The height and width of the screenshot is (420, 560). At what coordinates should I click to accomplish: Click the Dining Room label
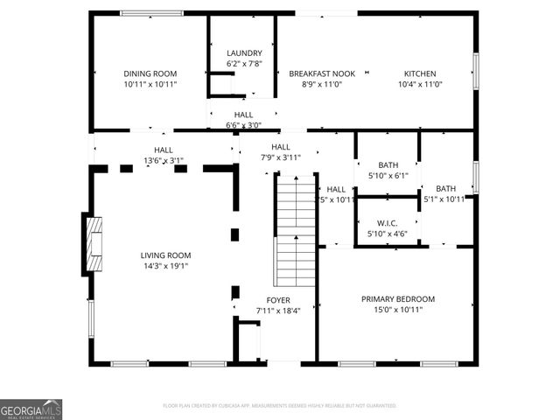click(x=150, y=73)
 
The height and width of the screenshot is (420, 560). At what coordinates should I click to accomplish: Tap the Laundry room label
click(x=244, y=53)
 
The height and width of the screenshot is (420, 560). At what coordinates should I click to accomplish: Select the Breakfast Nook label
click(x=321, y=73)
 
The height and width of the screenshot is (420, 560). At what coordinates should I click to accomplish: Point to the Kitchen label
click(x=420, y=73)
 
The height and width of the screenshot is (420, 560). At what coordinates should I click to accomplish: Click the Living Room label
click(x=165, y=255)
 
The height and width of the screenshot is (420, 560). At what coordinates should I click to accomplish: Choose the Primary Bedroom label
click(x=398, y=298)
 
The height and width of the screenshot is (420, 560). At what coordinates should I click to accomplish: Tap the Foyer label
click(x=278, y=300)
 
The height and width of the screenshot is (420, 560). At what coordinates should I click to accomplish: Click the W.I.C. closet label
click(x=388, y=224)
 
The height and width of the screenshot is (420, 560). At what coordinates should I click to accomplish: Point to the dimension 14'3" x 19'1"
click(x=165, y=266)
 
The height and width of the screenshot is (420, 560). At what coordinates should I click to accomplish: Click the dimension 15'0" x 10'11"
click(x=398, y=310)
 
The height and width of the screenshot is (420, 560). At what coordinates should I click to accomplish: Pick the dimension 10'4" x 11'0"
click(x=420, y=85)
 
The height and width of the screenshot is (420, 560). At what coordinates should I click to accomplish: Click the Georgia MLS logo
click(x=31, y=409)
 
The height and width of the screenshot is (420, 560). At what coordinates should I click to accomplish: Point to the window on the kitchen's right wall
click(x=476, y=71)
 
